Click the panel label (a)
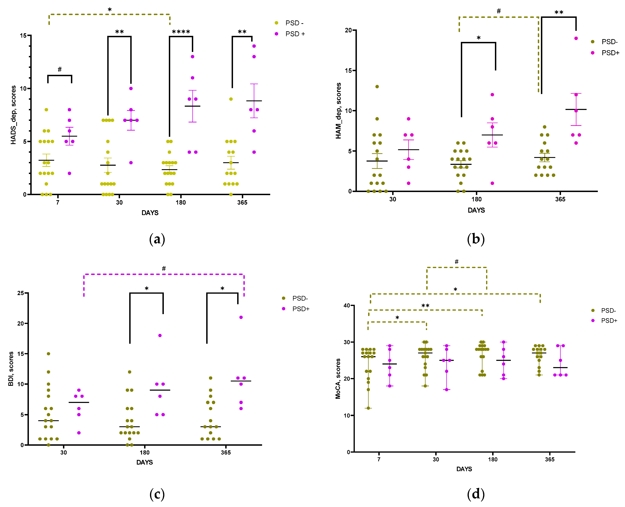(157, 239)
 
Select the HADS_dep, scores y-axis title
(13, 115)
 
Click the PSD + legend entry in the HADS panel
(295, 34)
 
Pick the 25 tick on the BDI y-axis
(21, 293)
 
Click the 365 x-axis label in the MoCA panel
(549, 459)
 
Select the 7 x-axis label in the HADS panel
(58, 202)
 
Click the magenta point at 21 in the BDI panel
(241, 317)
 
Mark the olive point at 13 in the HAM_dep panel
(377, 86)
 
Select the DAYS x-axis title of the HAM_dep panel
(476, 210)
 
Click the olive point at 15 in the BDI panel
(48, 354)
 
